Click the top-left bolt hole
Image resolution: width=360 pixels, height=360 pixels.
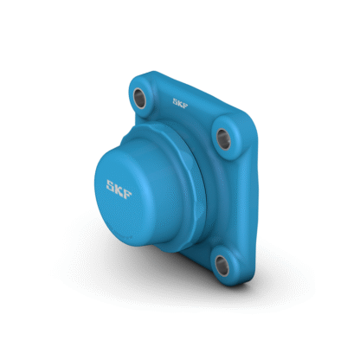coord(139,98)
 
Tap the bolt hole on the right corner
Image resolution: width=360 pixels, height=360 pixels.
coord(223,139)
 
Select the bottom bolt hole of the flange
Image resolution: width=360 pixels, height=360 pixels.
coord(222,266)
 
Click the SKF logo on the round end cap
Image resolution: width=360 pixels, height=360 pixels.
coord(119,190)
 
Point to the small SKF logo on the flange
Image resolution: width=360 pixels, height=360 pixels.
coord(180,103)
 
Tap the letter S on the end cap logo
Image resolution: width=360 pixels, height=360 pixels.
coord(111,185)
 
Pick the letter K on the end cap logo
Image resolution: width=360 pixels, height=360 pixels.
coord(119,190)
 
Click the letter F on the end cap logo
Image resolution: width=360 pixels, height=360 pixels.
coord(128,194)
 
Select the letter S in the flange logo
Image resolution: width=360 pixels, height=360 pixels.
coord(176,100)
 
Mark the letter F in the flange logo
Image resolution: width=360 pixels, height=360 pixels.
coord(185,105)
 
